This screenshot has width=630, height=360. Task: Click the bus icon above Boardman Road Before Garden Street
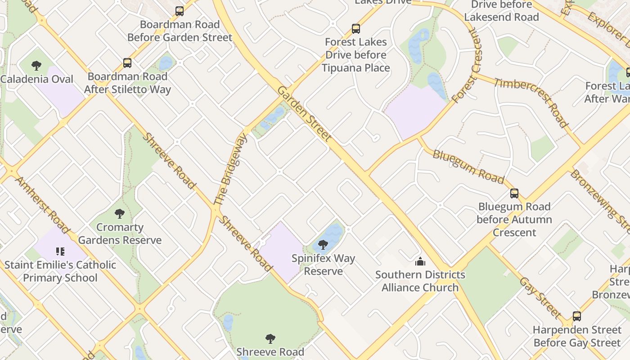180,11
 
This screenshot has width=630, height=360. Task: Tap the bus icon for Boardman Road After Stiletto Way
127,63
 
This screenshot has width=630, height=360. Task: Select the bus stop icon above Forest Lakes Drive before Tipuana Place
356,29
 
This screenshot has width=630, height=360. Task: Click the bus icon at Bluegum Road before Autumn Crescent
514,193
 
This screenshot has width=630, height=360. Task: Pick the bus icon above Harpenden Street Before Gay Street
577,316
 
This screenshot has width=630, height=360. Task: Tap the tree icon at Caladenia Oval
36,66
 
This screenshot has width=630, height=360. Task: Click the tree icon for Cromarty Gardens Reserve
119,214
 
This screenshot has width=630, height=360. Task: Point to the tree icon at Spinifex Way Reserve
323,245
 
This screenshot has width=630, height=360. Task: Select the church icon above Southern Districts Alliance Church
420,261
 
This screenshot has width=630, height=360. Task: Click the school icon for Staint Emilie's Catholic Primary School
60,251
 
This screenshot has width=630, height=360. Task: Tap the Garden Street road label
304,114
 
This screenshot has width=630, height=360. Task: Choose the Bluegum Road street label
468,166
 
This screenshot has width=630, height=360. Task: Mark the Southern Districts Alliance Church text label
420,281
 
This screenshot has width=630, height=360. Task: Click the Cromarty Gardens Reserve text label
120,234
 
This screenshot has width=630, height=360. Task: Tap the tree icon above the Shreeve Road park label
270,338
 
